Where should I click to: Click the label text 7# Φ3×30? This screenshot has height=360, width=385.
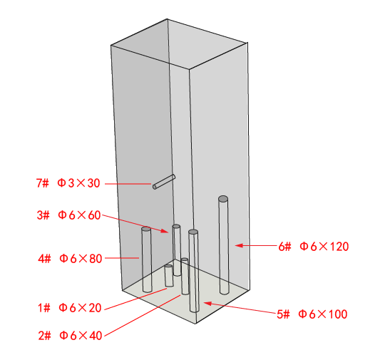(68, 183)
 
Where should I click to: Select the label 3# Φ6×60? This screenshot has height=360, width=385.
(68, 215)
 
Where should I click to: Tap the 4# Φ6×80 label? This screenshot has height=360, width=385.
(70, 259)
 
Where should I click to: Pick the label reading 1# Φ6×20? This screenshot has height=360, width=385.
(69, 308)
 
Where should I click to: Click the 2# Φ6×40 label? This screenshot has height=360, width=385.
(70, 336)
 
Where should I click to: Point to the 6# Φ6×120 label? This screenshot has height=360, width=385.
(314, 247)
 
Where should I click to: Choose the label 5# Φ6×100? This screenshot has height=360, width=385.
(312, 314)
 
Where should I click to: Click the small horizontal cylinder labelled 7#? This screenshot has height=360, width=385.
(164, 182)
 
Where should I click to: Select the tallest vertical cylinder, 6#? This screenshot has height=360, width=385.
(223, 245)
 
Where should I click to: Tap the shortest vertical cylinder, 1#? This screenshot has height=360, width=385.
(169, 276)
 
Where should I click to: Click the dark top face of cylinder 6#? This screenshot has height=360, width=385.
(223, 199)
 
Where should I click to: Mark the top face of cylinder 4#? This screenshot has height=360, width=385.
(146, 229)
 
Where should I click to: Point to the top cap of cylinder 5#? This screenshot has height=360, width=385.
(193, 232)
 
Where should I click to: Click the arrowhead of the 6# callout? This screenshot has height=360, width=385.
(239, 245)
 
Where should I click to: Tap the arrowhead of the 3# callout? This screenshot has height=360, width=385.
(165, 231)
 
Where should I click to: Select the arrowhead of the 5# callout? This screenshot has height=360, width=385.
(207, 304)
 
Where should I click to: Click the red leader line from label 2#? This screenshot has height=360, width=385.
(143, 316)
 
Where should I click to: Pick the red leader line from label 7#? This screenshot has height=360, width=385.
(128, 184)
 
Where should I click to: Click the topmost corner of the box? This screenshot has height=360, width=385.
(168, 19)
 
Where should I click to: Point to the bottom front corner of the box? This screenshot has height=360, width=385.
(195, 324)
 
